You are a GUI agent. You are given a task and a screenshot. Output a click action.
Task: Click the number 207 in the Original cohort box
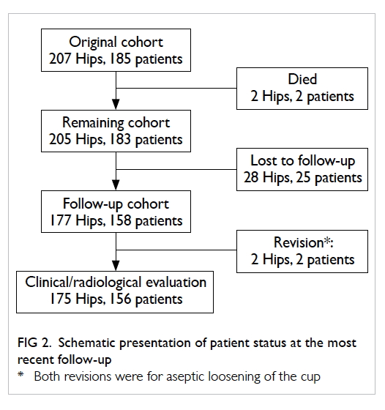pos(60,59)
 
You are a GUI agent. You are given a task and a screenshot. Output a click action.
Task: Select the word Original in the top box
pos(92,42)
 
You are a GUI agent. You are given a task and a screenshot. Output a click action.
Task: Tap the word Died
pos(302,79)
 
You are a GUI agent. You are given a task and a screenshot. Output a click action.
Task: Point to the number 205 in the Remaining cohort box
pos(60,139)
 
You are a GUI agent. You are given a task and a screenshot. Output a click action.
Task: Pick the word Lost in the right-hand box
pos(263,160)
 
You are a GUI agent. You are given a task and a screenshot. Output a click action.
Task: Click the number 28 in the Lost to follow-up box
pos(251,177)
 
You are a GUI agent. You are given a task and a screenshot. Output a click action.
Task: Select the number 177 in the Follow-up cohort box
pos(60,220)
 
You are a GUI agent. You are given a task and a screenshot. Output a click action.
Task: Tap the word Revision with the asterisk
pos(303,242)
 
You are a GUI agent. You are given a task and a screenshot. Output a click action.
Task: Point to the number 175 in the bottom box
pos(60,299)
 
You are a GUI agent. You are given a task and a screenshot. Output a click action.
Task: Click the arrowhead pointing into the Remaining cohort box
pos(116,104)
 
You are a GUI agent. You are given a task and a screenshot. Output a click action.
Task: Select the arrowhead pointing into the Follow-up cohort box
pos(116,184)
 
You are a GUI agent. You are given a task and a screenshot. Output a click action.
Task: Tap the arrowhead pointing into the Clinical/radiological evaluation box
pos(116,265)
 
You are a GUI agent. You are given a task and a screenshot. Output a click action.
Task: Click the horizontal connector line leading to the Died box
pos(176,88)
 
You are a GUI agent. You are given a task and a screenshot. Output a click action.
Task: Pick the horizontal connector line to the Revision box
pos(176,250)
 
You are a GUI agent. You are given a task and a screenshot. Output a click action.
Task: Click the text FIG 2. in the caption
pos(34,343)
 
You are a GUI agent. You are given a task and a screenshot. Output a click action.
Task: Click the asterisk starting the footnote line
pos(20,374)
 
